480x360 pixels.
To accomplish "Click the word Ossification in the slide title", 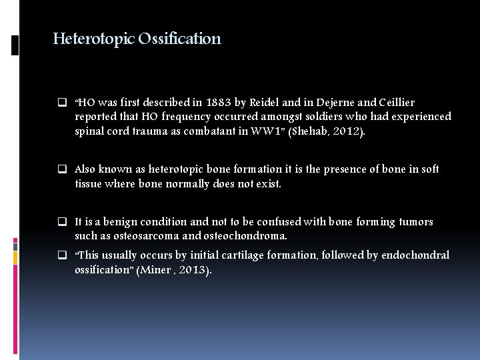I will (x=179, y=39).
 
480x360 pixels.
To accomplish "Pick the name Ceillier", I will (x=396, y=103).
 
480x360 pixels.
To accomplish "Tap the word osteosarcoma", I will (x=141, y=236).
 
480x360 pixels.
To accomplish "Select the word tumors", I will (x=417, y=222).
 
